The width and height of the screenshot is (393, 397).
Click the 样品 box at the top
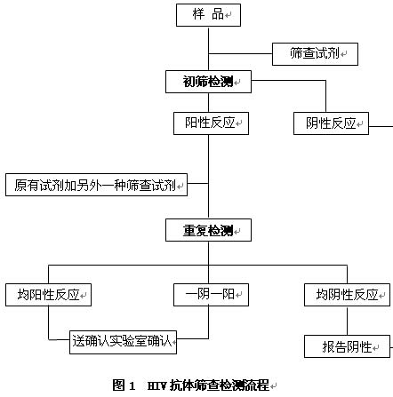point(208,15)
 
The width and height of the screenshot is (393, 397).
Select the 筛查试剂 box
point(315,54)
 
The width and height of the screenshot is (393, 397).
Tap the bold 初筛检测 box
point(208,82)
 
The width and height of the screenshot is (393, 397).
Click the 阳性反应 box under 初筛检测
point(211,123)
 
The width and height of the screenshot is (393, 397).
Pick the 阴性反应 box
point(331,123)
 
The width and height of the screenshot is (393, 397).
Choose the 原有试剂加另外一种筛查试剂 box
point(96,185)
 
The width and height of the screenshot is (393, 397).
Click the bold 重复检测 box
point(208,230)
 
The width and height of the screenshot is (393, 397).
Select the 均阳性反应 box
point(48,295)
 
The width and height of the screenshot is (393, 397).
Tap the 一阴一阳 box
point(211,295)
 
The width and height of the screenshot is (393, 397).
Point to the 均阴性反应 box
point(347,295)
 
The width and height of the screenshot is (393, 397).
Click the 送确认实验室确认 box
point(123,343)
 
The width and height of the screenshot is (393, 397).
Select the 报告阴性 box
point(347,346)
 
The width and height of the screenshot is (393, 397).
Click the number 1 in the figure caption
point(132,385)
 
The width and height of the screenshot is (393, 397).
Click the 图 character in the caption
point(118,385)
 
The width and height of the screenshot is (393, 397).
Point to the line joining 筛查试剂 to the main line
point(240,54)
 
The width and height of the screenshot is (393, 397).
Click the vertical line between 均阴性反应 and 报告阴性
point(347,321)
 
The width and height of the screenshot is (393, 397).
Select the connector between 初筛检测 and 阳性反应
point(208,102)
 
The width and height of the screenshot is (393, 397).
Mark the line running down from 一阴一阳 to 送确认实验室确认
point(208,322)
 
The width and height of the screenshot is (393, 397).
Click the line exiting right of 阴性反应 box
point(381,126)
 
